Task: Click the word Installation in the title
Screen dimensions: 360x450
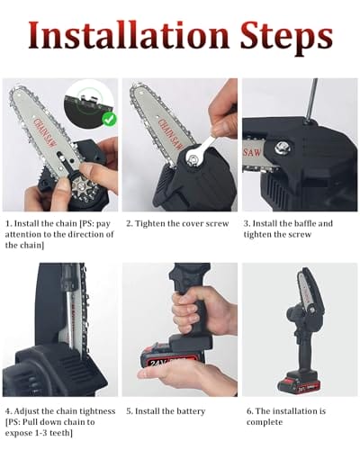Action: coord(129,35)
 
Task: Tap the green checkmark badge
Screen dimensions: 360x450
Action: coord(110,119)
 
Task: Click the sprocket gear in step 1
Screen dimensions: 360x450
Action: coord(81,188)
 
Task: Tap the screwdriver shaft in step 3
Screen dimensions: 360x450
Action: coord(311,100)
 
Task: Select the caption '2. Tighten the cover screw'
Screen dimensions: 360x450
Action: coord(177,224)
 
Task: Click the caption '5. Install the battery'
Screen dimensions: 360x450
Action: coord(166,411)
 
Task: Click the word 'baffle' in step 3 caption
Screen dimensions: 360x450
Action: coord(304,223)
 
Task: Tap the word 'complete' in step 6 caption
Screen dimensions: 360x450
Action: coord(265,422)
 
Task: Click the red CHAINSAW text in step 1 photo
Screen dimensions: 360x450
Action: coord(44,133)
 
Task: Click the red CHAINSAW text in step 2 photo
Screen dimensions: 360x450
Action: coord(170,134)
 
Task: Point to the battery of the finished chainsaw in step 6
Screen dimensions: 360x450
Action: coord(297,382)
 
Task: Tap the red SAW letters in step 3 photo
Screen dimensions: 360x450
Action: coord(252,152)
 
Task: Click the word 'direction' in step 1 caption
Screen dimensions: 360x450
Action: coord(85,235)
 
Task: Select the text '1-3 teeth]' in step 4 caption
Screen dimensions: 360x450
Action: coord(56,434)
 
